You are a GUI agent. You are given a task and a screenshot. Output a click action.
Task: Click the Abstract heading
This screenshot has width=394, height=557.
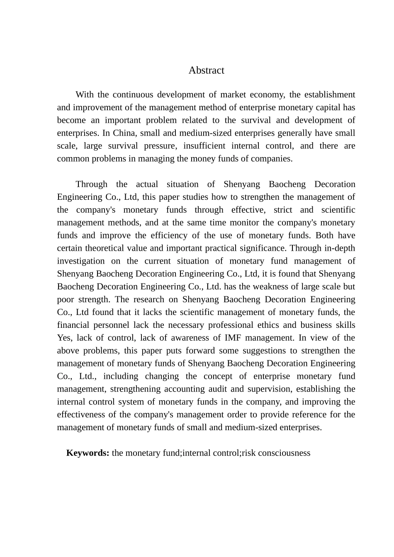click(206, 70)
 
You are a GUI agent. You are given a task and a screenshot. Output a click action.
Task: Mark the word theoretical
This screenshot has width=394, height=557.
click(106, 248)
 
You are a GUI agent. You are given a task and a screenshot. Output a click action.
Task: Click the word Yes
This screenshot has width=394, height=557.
click(64, 338)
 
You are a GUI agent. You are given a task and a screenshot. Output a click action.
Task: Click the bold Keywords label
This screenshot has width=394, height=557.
click(88, 453)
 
